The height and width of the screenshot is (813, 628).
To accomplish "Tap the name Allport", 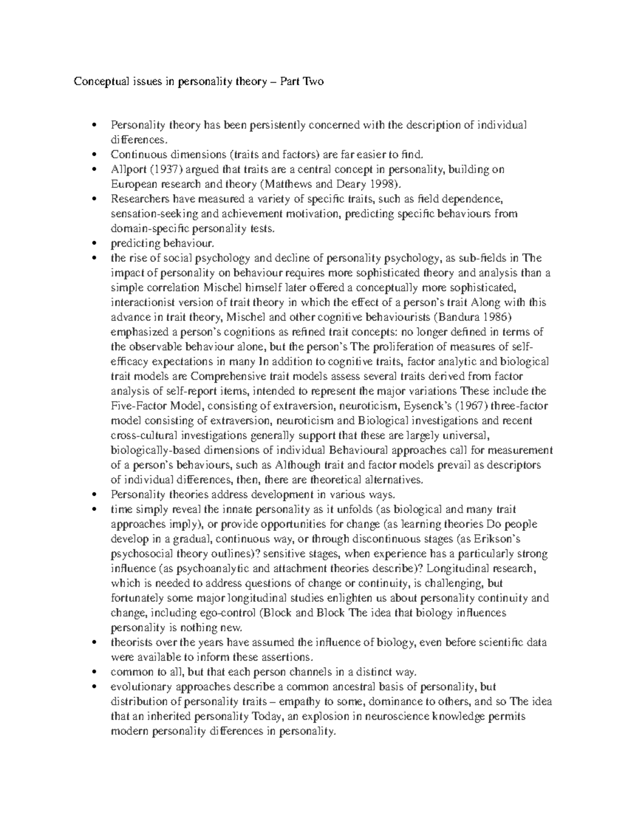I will tap(126, 169).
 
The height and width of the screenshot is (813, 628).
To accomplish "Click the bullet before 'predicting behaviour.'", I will tap(94, 243).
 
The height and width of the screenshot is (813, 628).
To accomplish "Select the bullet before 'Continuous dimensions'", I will tap(94, 154).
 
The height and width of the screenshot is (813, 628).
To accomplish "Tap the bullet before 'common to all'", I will tap(94, 672).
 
